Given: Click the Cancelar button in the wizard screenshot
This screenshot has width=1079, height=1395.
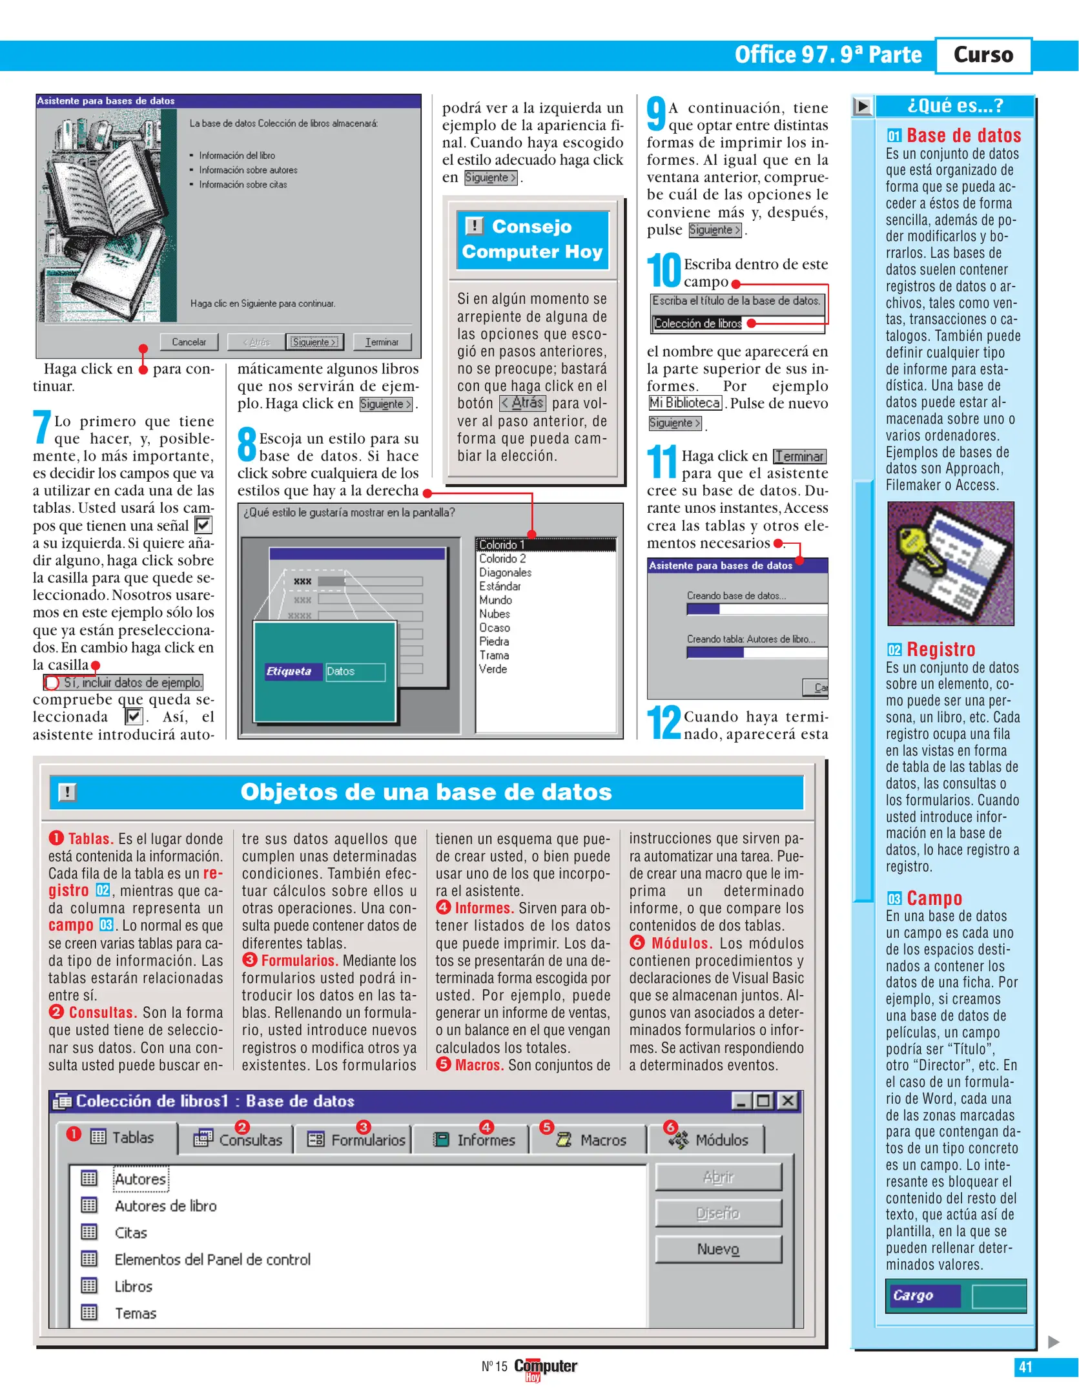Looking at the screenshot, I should [x=189, y=342].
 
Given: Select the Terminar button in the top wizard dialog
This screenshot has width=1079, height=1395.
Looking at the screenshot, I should [x=382, y=342].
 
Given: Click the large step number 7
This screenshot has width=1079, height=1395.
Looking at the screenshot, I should [x=42, y=427].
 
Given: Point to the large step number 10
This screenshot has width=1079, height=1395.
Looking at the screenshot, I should [x=664, y=271].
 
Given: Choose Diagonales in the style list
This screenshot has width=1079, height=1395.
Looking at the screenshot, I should [x=505, y=572].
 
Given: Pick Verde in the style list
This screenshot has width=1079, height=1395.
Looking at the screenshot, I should [x=493, y=669].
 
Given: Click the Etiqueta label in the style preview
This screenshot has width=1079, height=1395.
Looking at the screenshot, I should [x=289, y=672].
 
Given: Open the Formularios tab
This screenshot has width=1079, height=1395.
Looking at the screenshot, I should [x=358, y=1141].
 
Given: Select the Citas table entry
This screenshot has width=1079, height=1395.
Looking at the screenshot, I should [x=130, y=1233].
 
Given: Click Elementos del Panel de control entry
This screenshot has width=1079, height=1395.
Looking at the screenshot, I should [x=212, y=1259].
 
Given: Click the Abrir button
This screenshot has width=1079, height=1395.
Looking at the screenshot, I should [x=718, y=1177].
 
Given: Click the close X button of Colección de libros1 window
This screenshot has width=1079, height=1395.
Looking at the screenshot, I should [x=787, y=1101].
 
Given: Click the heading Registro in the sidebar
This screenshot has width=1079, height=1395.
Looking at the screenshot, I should [x=940, y=649].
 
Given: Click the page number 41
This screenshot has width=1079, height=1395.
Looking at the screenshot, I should [x=1025, y=1367].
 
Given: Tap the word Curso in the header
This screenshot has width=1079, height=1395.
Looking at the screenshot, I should [x=983, y=55].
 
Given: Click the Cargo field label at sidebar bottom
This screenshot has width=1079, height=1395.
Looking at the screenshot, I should [x=912, y=1296].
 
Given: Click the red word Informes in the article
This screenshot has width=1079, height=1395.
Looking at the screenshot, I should [x=482, y=908].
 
